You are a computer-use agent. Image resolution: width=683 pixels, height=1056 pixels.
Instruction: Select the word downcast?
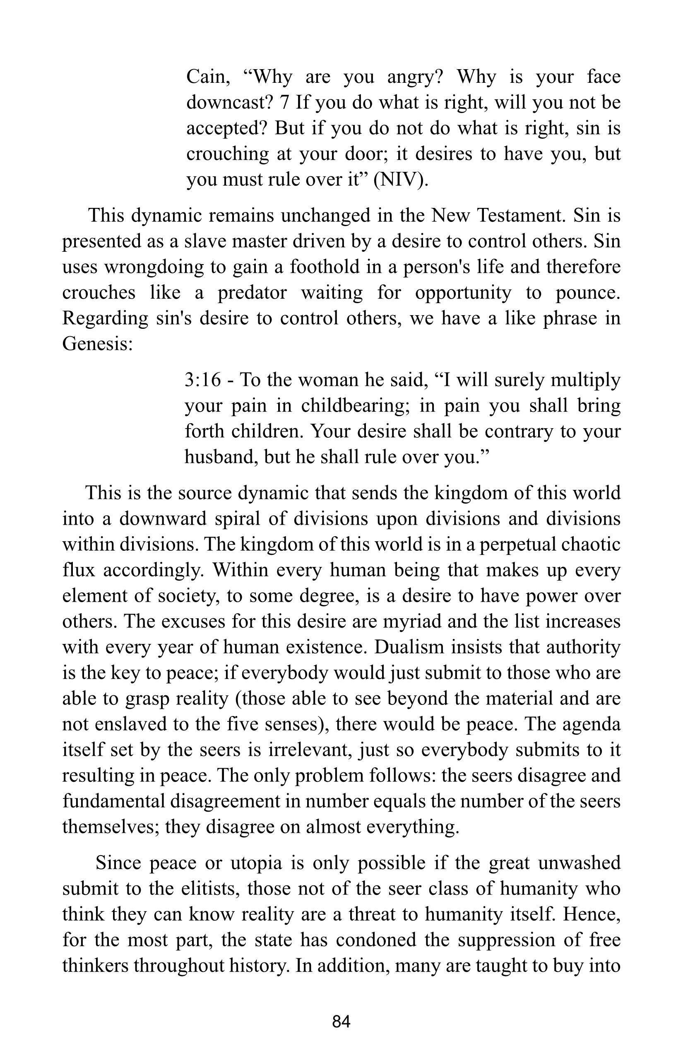229,103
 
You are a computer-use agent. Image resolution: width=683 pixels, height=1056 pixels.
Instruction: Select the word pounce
589,293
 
